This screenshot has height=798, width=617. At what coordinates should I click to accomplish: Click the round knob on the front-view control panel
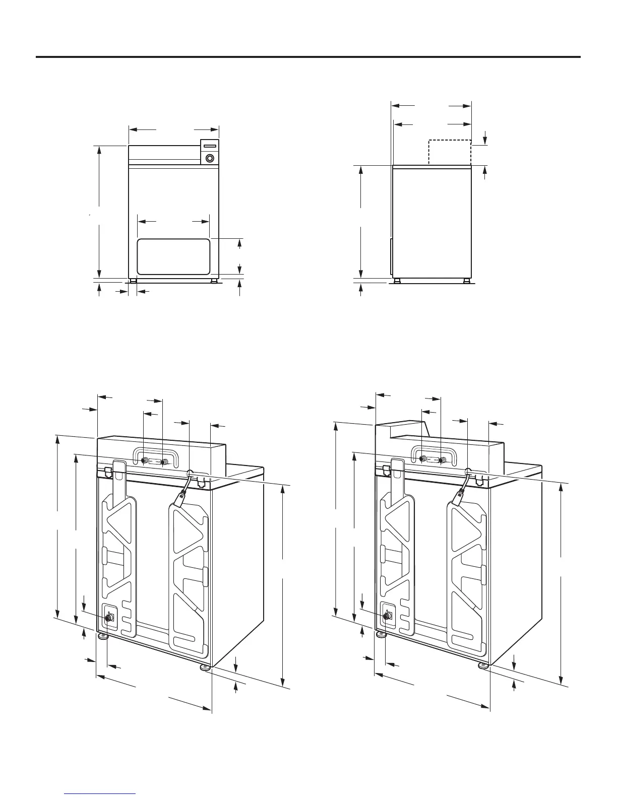210,157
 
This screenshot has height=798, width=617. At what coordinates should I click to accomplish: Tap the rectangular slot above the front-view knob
210,146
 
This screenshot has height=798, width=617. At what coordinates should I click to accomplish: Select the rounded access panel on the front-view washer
173,256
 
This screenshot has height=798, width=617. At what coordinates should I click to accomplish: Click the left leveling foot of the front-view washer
133,281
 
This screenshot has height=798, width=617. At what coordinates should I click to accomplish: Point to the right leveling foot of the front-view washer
215,281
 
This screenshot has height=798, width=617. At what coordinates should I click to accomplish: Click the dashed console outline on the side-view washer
450,152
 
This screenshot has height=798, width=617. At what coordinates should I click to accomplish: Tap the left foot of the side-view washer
397,281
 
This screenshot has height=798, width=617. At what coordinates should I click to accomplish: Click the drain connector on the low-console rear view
109,617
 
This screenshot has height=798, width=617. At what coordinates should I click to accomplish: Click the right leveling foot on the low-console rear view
205,668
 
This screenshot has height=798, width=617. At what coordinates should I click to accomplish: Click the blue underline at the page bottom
101,794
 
